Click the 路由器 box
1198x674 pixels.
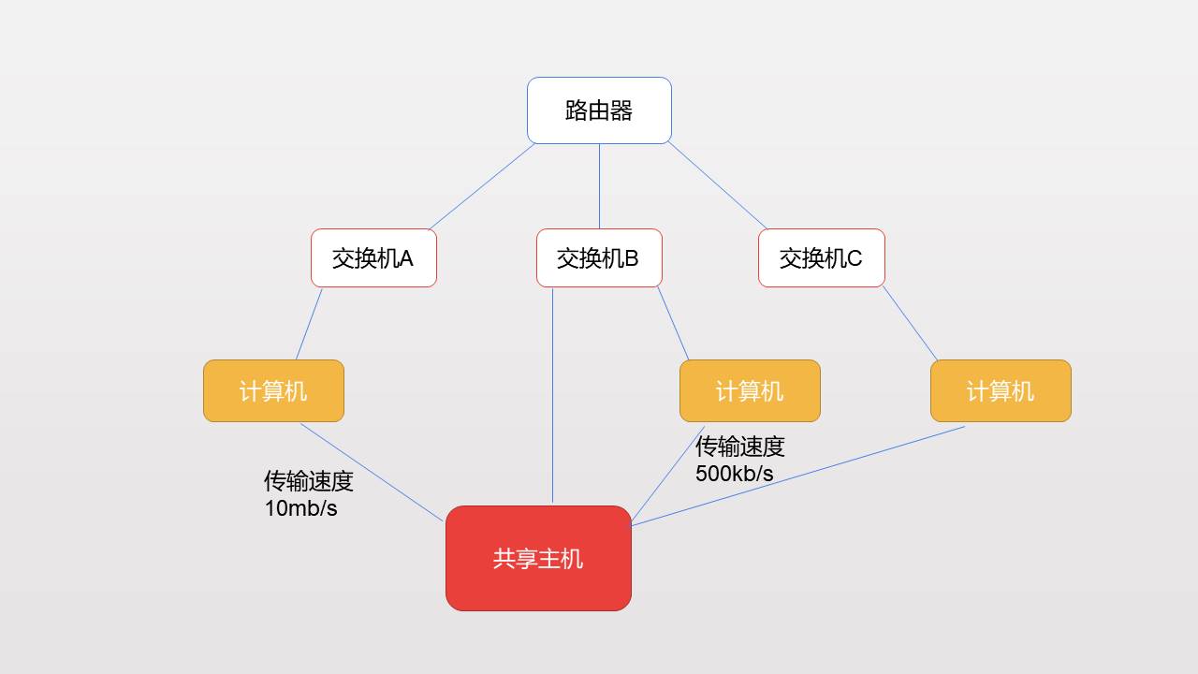pos(599,110)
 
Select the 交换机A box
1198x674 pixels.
pos(373,257)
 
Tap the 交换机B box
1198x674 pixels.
pos(599,257)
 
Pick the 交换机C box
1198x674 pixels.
pos(822,257)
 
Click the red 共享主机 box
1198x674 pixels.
pos(538,558)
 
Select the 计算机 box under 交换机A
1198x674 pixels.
pos(274,390)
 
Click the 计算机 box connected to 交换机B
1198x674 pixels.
pos(750,390)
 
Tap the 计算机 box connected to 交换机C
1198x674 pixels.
pos(1001,390)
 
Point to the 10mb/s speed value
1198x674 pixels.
pos(301,508)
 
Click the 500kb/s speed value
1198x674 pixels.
pos(735,474)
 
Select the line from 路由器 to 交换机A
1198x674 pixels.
pos(482,186)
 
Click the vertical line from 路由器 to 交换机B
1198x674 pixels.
pos(599,186)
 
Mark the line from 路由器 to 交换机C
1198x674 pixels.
pos(717,185)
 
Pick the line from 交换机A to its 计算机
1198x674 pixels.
pos(309,324)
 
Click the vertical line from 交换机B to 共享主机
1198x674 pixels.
pos(552,396)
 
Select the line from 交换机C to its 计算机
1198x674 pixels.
pos(910,324)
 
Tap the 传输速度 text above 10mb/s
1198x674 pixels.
pos(309,481)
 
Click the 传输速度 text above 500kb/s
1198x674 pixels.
pos(739,447)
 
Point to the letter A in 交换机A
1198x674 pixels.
pos(405,258)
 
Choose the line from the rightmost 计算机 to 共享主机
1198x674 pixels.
pos(798,476)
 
